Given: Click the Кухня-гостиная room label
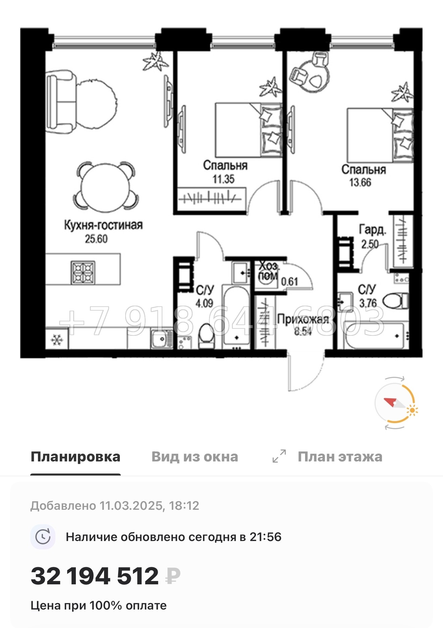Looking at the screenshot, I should click(x=103, y=225).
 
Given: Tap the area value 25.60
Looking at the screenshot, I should click(x=96, y=239).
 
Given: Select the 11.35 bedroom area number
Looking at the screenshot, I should click(x=224, y=179).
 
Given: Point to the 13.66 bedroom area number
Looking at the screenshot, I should click(x=360, y=182).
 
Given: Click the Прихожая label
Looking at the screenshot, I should click(x=303, y=319).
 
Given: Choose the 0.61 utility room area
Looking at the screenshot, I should click(x=289, y=281).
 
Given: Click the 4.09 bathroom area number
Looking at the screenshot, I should click(x=204, y=303).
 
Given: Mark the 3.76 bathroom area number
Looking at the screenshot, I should click(x=368, y=303).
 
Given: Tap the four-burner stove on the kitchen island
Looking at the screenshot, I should click(x=83, y=272).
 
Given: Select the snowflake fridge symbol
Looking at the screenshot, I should click(x=57, y=340).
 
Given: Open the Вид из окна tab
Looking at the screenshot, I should click(x=195, y=457).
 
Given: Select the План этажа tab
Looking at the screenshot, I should click(x=340, y=457).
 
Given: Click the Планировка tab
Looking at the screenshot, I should click(x=76, y=457).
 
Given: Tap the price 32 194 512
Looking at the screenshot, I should click(x=95, y=576).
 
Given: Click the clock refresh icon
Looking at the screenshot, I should click(x=43, y=537).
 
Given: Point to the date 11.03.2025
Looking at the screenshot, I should click(x=131, y=505).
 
